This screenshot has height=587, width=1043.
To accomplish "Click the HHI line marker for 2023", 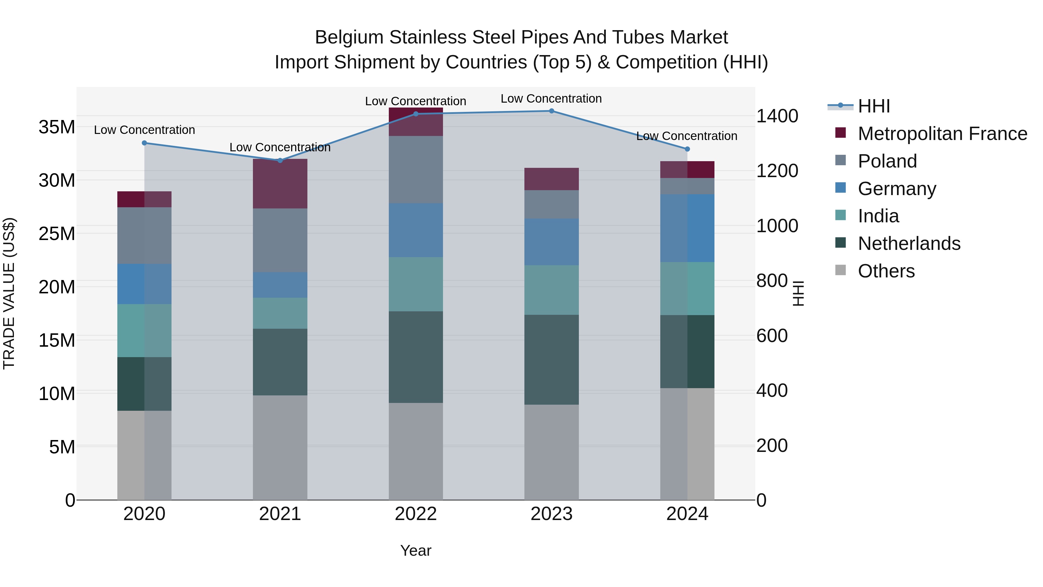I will (551, 111).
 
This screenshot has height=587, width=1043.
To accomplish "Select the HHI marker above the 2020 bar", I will (145, 143).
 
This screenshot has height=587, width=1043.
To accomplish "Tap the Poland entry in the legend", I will (887, 161).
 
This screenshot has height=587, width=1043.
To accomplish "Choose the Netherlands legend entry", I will (909, 243).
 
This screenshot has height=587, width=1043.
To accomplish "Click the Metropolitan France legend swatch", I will (840, 133).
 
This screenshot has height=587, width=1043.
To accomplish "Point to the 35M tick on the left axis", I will (57, 127).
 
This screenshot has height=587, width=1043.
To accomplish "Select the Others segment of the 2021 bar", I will (280, 447).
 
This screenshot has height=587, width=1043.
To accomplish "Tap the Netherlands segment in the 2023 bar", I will (551, 359).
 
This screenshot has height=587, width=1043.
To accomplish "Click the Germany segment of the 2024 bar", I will (687, 228).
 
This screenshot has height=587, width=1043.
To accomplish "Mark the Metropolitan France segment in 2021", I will (280, 183).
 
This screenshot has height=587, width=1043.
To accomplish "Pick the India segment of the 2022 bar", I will (415, 284).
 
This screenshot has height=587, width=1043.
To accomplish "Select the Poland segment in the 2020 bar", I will (145, 235).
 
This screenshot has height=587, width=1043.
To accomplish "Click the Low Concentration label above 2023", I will (551, 99).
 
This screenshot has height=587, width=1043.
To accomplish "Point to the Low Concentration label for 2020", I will (145, 130).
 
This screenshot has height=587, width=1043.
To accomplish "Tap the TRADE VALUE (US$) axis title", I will (9, 293).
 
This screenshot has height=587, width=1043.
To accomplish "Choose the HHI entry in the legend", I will (874, 106).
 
